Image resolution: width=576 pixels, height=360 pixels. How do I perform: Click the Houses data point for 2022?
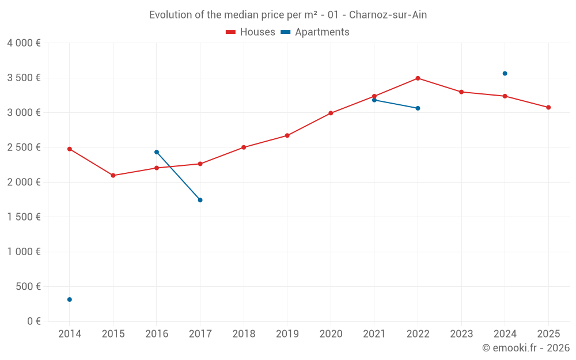(418, 78)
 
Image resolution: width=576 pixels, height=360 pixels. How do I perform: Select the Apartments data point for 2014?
(70, 300)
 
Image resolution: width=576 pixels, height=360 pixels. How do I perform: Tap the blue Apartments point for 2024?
(505, 74)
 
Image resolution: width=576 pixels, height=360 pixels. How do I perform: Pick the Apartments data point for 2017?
(200, 200)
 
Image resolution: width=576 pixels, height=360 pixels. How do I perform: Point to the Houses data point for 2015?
(113, 175)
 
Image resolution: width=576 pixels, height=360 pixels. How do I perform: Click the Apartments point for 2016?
(157, 152)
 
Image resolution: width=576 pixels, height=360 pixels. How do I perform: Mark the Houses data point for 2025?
(548, 107)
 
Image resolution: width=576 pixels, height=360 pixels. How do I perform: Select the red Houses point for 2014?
(70, 149)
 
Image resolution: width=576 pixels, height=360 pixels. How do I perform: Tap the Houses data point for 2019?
(287, 135)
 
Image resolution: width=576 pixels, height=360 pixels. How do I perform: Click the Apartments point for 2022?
(418, 108)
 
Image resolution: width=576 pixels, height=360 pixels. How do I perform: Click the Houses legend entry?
(251, 32)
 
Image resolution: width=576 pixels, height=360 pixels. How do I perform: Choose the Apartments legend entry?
(315, 32)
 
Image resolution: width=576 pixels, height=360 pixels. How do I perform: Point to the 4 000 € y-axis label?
(24, 43)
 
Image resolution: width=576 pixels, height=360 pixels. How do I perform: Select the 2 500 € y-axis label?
(24, 147)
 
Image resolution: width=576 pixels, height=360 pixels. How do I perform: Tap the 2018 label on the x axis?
(244, 334)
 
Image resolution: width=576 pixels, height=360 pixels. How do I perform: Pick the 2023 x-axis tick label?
(461, 334)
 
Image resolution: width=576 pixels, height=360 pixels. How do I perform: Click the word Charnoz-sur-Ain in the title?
(388, 15)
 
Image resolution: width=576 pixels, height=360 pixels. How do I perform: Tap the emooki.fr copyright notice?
(526, 348)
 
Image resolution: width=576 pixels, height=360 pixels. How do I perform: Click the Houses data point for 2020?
(331, 113)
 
